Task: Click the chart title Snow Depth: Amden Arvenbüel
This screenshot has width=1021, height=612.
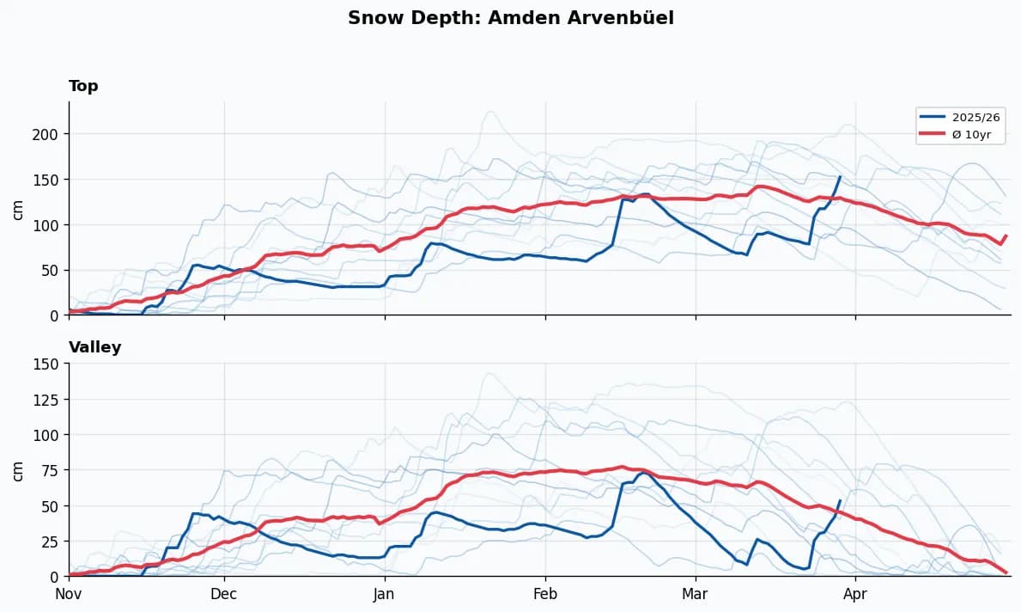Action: click(x=510, y=18)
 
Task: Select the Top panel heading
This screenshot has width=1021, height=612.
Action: click(x=83, y=86)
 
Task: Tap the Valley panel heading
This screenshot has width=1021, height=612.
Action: click(x=94, y=347)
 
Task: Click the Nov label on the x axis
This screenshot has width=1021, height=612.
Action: click(x=69, y=593)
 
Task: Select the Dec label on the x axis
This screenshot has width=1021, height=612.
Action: click(x=224, y=593)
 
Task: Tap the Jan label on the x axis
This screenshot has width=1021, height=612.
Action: click(x=385, y=593)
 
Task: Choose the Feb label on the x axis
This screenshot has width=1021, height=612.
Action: click(x=545, y=593)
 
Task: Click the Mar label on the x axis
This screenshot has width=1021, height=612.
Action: click(x=696, y=593)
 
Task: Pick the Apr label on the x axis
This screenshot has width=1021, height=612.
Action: click(x=855, y=593)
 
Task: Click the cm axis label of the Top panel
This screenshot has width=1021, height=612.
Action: click(x=18, y=208)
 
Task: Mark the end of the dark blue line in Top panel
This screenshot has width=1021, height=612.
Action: click(x=840, y=177)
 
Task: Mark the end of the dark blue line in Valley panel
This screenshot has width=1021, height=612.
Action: click(x=840, y=500)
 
